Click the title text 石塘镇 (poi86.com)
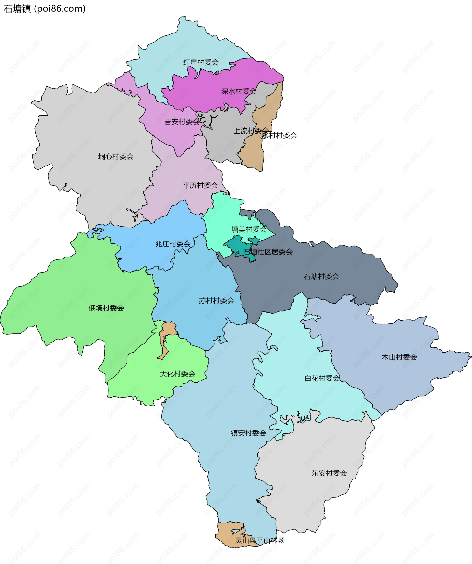(44, 9)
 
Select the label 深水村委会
(238, 91)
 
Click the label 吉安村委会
(182, 122)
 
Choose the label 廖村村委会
(280, 136)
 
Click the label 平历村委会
(200, 185)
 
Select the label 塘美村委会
(249, 229)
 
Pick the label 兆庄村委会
(173, 244)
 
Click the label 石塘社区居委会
(268, 252)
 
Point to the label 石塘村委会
(321, 277)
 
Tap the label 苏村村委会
(216, 300)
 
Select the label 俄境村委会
(106, 308)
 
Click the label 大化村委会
(177, 374)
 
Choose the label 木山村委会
(399, 357)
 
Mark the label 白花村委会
(322, 378)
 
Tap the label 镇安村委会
(249, 433)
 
